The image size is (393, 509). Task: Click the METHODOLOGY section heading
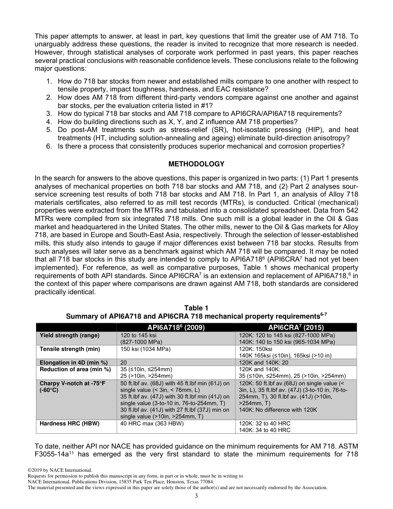click(196, 164)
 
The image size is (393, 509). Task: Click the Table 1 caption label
click(196, 308)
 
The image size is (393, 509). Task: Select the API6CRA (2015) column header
click(296, 327)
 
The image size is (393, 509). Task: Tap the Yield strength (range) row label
click(69, 335)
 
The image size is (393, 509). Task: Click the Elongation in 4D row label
click(74, 363)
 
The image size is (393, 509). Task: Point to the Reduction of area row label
click(75, 369)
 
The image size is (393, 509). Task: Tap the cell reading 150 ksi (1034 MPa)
click(145, 349)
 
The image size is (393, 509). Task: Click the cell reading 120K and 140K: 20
click(264, 363)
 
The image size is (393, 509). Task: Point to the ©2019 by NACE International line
click(60, 470)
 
